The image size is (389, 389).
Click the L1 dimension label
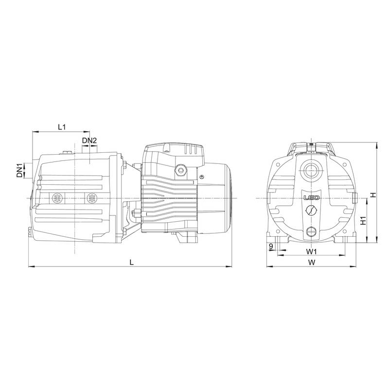(x=62, y=127)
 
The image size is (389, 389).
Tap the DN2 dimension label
(x=89, y=141)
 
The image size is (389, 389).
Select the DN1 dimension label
(x=19, y=170)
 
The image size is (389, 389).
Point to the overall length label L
(x=131, y=262)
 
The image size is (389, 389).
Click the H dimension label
(x=373, y=195)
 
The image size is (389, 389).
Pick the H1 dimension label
(x=363, y=221)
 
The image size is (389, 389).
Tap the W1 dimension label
(x=311, y=251)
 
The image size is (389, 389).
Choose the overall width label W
(x=312, y=262)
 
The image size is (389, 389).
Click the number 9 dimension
(x=271, y=246)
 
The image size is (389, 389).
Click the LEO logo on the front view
(x=312, y=198)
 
